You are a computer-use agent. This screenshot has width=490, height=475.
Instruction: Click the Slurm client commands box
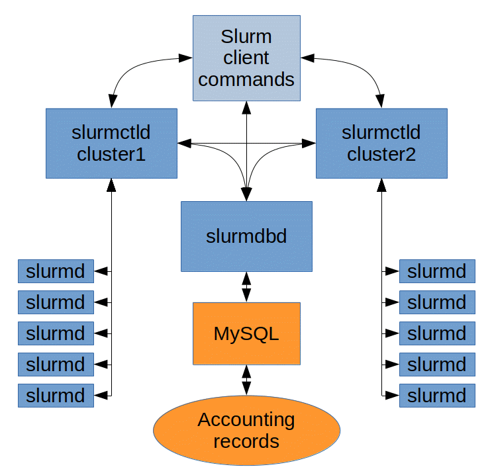246,58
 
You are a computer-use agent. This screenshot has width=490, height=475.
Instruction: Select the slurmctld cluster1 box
111,144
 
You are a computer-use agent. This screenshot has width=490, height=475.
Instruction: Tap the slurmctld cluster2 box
381,144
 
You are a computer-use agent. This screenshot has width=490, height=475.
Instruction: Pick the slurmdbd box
246,236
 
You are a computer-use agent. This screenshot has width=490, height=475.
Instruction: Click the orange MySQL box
246,333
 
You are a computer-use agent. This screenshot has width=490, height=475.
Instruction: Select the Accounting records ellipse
246,430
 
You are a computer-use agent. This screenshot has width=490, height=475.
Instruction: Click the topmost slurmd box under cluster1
56,271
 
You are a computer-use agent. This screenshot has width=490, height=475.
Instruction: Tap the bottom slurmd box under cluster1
56,396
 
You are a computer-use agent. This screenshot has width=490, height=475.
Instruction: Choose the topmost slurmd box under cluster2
437,271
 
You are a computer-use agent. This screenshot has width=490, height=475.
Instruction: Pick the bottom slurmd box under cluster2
437,396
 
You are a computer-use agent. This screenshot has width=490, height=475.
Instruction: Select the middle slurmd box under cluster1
56,333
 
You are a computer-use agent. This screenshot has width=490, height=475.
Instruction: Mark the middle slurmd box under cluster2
437,333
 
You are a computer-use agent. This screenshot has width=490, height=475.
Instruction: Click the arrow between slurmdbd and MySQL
246,286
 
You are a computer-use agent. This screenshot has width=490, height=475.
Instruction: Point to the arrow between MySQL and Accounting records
246,380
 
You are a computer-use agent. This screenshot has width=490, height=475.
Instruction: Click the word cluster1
111,154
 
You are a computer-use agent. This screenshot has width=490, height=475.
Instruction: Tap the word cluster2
381,154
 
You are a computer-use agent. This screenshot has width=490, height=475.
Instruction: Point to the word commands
246,80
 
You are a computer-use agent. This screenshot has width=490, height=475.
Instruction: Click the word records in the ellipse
246,441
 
